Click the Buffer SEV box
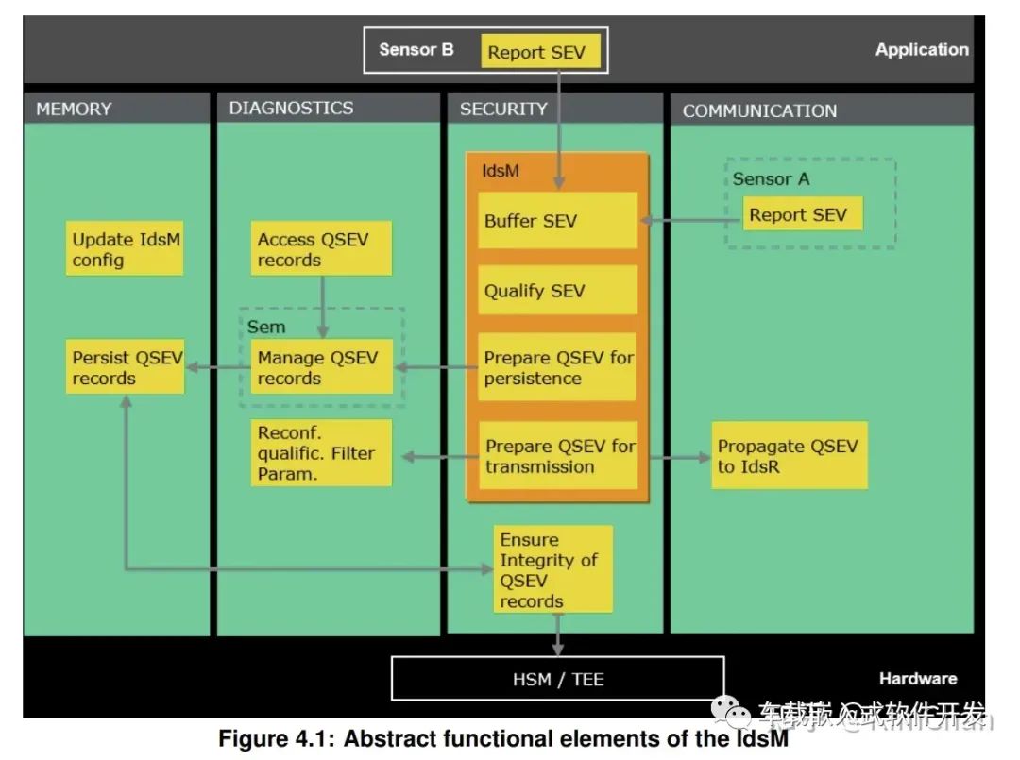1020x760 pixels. pos(557,221)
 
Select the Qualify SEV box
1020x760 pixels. pos(557,291)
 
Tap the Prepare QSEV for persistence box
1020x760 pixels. pos(557,367)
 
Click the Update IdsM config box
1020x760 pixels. pos(125,249)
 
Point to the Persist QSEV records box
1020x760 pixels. pos(125,368)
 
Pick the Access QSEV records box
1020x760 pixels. pos(321,249)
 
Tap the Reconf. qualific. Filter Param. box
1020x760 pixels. pos(321,453)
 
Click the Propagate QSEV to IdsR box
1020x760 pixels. pos(790,456)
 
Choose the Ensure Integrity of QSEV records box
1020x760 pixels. pos(554,569)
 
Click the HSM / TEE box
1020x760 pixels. pos(557,679)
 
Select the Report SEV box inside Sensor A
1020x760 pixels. pos(798,214)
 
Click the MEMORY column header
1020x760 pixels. pos(74,109)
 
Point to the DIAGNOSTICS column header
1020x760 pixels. pos(291,108)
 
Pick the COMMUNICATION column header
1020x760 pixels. pos(759,110)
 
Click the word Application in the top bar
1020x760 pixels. pos(921,50)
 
